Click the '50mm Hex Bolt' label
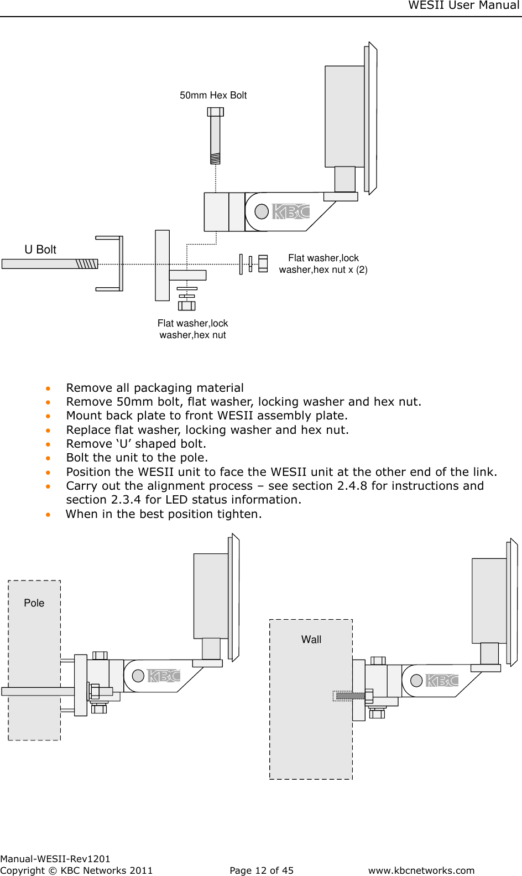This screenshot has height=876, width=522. pyautogui.click(x=213, y=95)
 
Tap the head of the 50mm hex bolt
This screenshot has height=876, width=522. pyautogui.click(x=215, y=112)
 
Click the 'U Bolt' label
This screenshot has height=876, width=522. pyautogui.click(x=40, y=250)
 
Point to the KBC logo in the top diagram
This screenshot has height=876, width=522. pyautogui.click(x=291, y=211)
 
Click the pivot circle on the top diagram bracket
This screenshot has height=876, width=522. pyautogui.click(x=262, y=211)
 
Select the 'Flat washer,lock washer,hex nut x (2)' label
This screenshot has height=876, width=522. pyautogui.click(x=323, y=264)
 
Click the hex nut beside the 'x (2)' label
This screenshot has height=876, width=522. pyautogui.click(x=263, y=263)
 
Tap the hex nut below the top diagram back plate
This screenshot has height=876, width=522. pyautogui.click(x=187, y=305)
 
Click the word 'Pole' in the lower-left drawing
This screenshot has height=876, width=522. pyautogui.click(x=34, y=603)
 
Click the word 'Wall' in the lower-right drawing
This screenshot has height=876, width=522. pyautogui.click(x=311, y=640)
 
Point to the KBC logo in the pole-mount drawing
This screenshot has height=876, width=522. pyautogui.click(x=164, y=676)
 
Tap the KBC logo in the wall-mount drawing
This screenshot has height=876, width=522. pyautogui.click(x=442, y=681)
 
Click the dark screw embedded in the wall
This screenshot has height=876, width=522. pyautogui.click(x=349, y=696)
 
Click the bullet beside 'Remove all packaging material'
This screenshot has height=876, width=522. pyautogui.click(x=49, y=388)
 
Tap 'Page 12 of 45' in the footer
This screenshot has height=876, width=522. pyautogui.click(x=262, y=870)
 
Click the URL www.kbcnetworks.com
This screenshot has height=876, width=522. pyautogui.click(x=421, y=870)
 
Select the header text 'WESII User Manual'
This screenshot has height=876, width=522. pyautogui.click(x=463, y=6)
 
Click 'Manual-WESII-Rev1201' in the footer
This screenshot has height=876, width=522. pyautogui.click(x=55, y=859)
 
